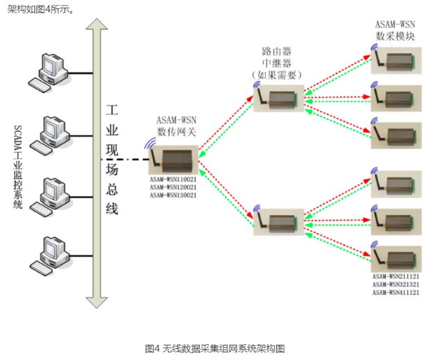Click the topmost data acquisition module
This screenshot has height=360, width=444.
pos(396,60)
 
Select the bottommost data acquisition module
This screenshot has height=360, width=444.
pos(396,258)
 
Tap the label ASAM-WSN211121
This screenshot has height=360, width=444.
pos(395,276)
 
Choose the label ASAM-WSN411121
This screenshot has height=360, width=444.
pos(395,292)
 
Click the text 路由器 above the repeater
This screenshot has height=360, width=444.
pos(276,51)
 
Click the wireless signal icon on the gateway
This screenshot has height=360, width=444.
pos(150,146)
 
